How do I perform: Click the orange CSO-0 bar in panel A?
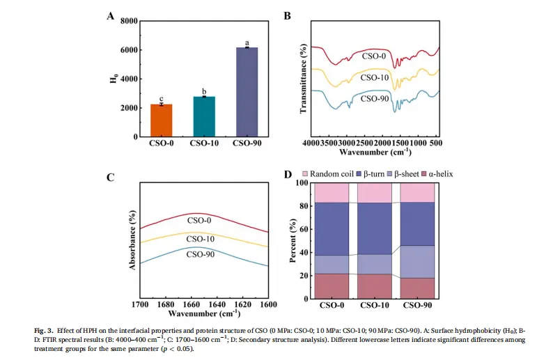(162, 120)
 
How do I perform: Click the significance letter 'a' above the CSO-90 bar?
(246, 42)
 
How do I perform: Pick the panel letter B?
(288, 15)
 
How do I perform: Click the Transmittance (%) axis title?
(303, 80)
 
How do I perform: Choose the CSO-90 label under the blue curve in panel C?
(200, 254)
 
